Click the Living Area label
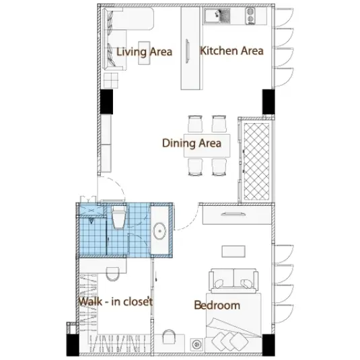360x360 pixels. click(144, 52)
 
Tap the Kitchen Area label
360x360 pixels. click(231, 50)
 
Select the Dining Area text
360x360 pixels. click(192, 143)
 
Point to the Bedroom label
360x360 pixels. click(217, 305)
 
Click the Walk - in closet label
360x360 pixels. click(116, 301)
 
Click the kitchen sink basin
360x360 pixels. click(217, 16)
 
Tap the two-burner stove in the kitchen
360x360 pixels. click(250, 16)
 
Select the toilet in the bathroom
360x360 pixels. click(118, 217)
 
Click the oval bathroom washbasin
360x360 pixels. click(159, 231)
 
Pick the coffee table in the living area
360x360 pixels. click(144, 52)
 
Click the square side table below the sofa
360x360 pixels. click(111, 80)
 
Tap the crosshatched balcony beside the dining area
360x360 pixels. click(256, 161)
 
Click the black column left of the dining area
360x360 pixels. click(106, 102)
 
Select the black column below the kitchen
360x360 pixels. click(268, 102)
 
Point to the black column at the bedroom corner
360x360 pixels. click(268, 345)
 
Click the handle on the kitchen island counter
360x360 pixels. click(187, 50)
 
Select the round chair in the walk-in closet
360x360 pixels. click(113, 274)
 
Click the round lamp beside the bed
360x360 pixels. click(196, 345)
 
